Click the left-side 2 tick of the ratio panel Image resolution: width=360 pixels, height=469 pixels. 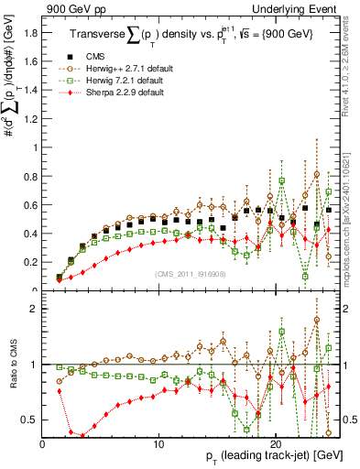(36, 309)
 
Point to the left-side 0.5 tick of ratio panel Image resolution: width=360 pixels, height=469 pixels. (30, 420)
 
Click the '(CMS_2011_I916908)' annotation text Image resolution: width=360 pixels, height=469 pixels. (190, 274)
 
